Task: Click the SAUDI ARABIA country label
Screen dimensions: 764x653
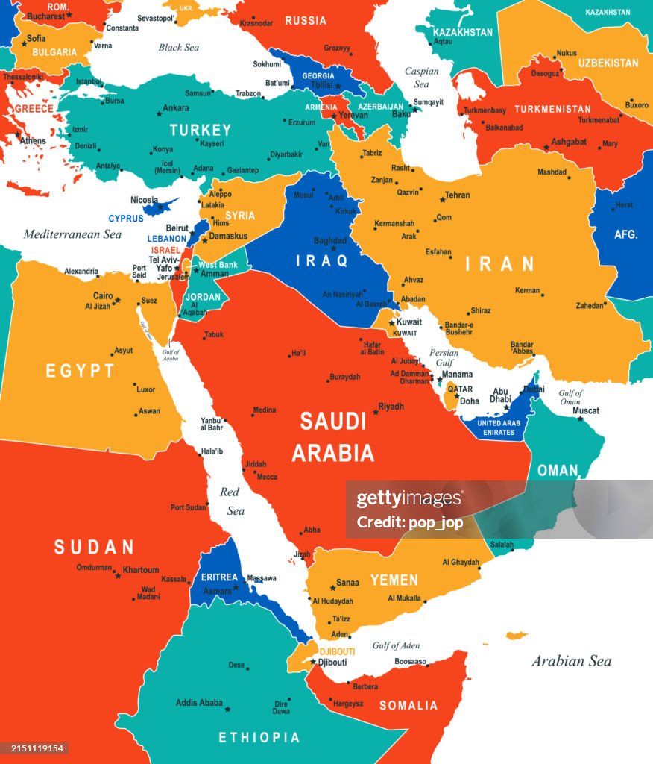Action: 333,436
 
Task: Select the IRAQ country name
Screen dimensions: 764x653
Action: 322,260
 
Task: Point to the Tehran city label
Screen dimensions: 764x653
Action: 457,195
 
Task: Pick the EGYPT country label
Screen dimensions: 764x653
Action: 81,371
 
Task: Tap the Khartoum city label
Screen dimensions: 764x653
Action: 141,569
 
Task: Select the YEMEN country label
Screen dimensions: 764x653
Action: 394,580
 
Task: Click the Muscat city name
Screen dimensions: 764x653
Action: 586,410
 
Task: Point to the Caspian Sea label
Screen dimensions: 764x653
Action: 421,78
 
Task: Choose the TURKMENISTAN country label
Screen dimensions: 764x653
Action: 552,109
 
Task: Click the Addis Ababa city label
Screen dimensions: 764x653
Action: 199,702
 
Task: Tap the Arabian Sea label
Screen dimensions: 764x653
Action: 571,661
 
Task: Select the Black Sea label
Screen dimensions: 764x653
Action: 179,48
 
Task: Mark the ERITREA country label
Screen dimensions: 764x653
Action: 219,577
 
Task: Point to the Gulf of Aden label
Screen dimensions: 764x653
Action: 396,645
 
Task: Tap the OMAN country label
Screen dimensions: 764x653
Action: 558,470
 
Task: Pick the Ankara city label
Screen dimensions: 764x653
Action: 176,108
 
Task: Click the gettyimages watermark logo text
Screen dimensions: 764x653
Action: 409,499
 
